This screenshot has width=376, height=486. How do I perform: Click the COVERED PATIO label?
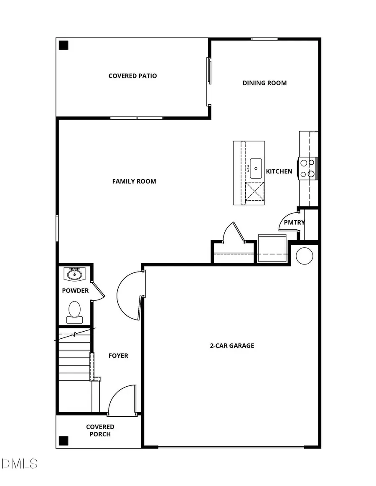132,76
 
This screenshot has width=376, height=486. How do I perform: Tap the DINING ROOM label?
264,83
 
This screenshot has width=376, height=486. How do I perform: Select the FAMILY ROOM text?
134,181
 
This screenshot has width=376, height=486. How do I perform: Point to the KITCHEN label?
279,171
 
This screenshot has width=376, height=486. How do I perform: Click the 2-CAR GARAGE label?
232,346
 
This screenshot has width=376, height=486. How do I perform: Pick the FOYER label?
118,356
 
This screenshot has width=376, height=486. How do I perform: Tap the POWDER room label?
75,291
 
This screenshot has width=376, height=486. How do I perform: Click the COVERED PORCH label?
100,431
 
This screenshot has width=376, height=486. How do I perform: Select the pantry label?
294,223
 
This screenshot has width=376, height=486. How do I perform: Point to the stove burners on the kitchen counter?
307,168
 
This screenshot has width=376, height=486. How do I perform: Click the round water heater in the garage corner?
304,256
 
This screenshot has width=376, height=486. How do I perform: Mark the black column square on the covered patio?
63,45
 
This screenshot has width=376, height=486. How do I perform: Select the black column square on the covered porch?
63,441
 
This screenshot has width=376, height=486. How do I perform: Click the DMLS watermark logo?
19,463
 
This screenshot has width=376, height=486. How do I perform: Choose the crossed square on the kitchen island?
255,191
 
